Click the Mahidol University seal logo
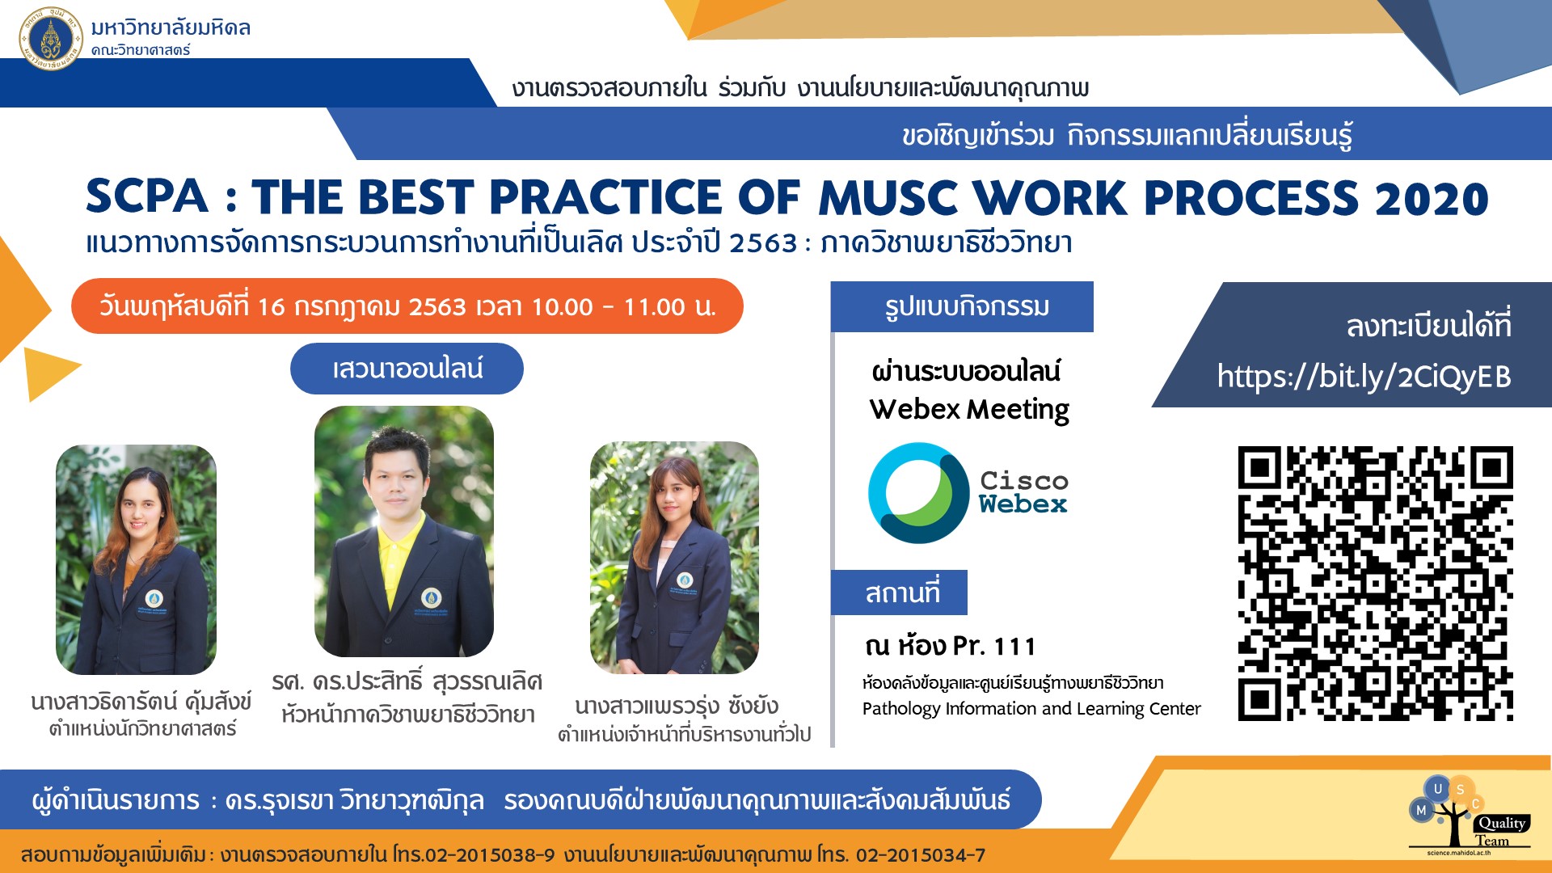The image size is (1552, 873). [50, 38]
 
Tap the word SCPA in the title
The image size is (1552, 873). [147, 196]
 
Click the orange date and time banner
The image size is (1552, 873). [407, 306]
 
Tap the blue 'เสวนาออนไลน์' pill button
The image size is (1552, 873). [407, 369]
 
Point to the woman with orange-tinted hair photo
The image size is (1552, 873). [136, 559]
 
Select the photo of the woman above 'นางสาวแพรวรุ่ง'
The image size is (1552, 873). [674, 558]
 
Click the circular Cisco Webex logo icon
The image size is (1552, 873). [918, 492]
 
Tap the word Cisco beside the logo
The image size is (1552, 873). [1024, 480]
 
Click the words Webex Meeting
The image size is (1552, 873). [969, 410]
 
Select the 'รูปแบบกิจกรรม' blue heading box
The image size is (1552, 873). [962, 306]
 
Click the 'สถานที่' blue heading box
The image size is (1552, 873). [900, 593]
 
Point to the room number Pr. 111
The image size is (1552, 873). [994, 646]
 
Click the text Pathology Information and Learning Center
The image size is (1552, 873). [1031, 709]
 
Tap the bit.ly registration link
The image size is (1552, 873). [1364, 377]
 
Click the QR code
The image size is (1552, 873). [1375, 583]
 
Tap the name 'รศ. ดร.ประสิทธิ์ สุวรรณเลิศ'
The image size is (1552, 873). [407, 681]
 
